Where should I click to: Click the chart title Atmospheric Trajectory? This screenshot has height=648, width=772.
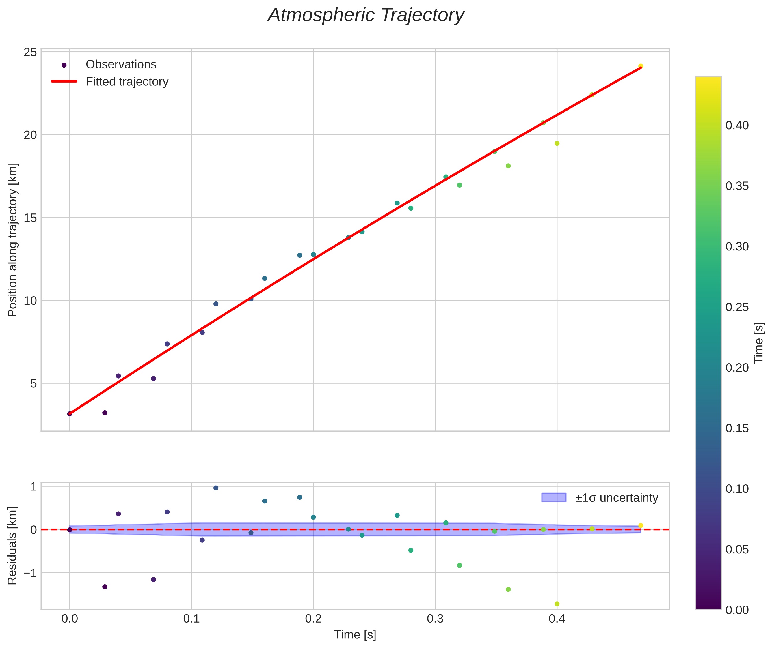tap(366, 15)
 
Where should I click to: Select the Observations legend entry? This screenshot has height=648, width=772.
tap(121, 65)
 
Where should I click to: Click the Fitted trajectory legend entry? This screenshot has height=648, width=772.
tap(127, 82)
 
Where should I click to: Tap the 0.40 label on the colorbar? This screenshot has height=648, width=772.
tap(737, 126)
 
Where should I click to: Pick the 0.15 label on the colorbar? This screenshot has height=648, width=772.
tap(737, 429)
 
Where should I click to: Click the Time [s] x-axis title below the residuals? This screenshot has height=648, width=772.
tap(355, 635)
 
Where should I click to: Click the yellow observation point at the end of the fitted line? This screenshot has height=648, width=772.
tap(640, 66)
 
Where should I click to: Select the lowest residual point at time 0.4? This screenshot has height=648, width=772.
tap(557, 604)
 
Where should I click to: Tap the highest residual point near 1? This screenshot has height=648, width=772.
tap(216, 488)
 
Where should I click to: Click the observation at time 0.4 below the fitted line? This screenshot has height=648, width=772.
tap(557, 143)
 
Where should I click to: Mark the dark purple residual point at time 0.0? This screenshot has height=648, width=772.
tap(70, 530)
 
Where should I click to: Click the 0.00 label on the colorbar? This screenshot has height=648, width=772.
tap(737, 610)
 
